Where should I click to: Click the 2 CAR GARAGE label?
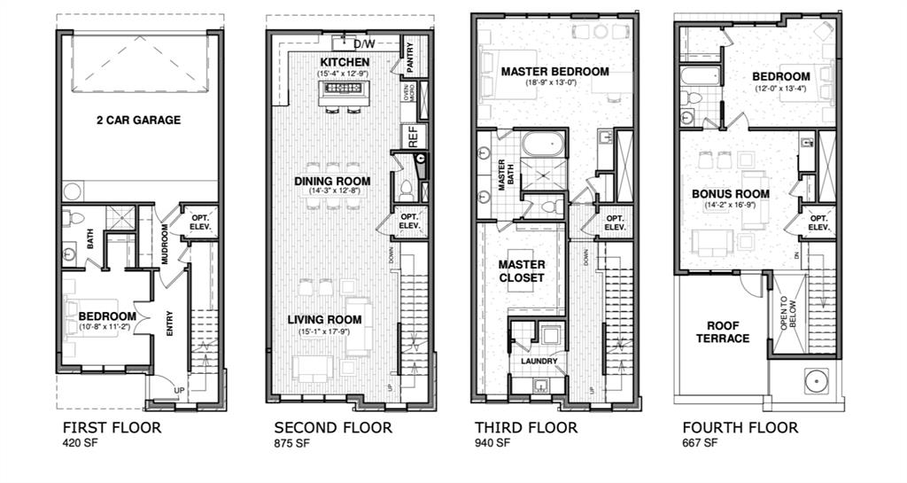point(138,121)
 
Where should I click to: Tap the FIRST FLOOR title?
point(112,428)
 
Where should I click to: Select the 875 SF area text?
point(291,443)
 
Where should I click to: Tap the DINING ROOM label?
point(332,181)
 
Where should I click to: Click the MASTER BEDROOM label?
point(554,71)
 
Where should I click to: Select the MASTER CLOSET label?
point(521,271)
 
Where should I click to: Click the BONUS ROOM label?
point(731,194)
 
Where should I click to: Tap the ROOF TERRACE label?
point(722,331)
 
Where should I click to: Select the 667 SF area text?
point(700,443)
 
